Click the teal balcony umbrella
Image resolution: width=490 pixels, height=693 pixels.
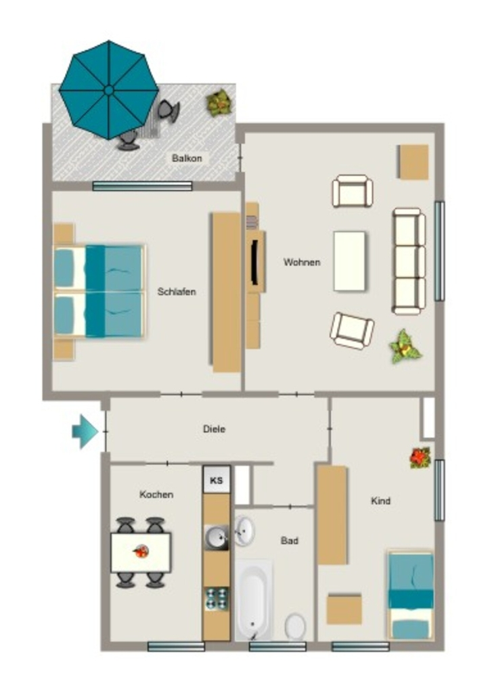pos(109,90)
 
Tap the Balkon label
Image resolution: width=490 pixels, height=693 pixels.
pos(187,158)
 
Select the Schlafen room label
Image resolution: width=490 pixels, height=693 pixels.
pos(177,292)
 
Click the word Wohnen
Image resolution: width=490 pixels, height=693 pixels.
pos(302,262)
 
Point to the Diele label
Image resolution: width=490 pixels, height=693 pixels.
pos(215,428)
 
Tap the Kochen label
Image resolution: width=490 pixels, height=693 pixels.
pos(156,494)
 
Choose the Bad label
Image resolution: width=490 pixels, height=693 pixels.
pos(290,541)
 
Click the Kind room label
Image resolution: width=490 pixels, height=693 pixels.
pos(380,501)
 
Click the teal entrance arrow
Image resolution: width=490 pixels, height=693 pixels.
pos(85,432)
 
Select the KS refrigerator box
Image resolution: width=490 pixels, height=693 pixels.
pos(217,480)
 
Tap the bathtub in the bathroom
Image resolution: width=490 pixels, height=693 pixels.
pos(253,600)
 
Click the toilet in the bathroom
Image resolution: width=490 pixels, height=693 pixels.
pos(295,626)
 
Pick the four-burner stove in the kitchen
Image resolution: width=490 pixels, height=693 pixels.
pos(217,599)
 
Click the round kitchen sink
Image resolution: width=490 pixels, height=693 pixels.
pos(217,537)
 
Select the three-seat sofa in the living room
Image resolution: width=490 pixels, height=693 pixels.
pos(409,261)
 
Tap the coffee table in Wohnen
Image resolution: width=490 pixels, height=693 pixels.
pos(349,261)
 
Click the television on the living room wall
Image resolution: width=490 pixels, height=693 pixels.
pos(255,262)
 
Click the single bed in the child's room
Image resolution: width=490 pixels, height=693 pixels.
pos(410,595)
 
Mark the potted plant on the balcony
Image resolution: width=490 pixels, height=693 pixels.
pos(219,103)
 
